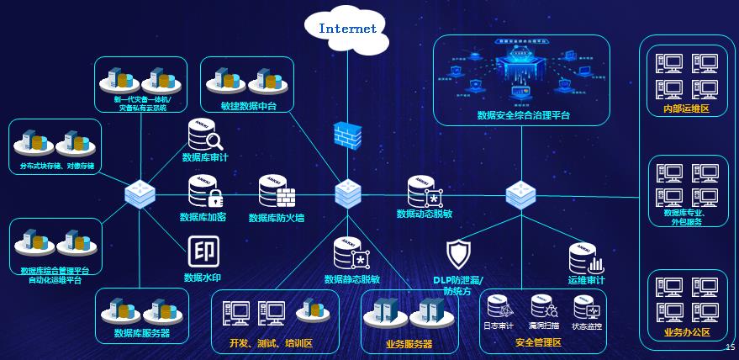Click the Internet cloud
coord(347,29)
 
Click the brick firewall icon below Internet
coord(347,135)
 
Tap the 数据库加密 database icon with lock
coord(204,193)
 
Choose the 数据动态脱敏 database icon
coord(424,192)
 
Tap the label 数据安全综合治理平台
coord(523,115)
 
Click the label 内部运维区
coord(687,109)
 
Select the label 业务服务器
coord(409,344)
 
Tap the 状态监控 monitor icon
coord(586,306)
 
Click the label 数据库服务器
coord(142,333)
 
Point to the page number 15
coord(729,347)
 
